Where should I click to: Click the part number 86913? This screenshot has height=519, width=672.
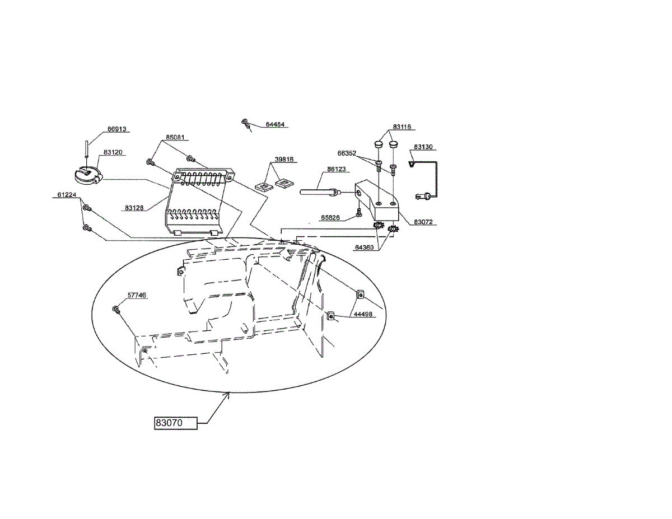(x=118, y=129)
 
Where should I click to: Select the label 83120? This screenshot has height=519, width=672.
(x=113, y=152)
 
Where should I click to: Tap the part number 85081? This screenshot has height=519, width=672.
(x=175, y=137)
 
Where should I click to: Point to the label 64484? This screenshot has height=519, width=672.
(x=275, y=124)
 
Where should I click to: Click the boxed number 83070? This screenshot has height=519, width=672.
(x=176, y=423)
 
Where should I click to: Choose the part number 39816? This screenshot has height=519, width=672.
(x=284, y=160)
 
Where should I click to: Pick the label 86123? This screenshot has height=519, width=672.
(x=337, y=169)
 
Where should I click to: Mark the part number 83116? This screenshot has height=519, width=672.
(x=402, y=127)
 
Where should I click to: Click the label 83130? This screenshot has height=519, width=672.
(x=423, y=147)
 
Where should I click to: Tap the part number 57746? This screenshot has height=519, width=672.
(x=137, y=294)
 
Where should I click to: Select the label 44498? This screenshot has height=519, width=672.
(x=362, y=315)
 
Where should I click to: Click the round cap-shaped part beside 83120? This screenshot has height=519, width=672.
(x=87, y=175)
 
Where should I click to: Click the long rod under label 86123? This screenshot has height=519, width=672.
(x=319, y=192)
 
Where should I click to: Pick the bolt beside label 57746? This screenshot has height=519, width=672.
(x=116, y=308)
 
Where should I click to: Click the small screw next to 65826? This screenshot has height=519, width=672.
(x=359, y=213)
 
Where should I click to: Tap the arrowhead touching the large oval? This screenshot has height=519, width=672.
(x=228, y=394)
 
